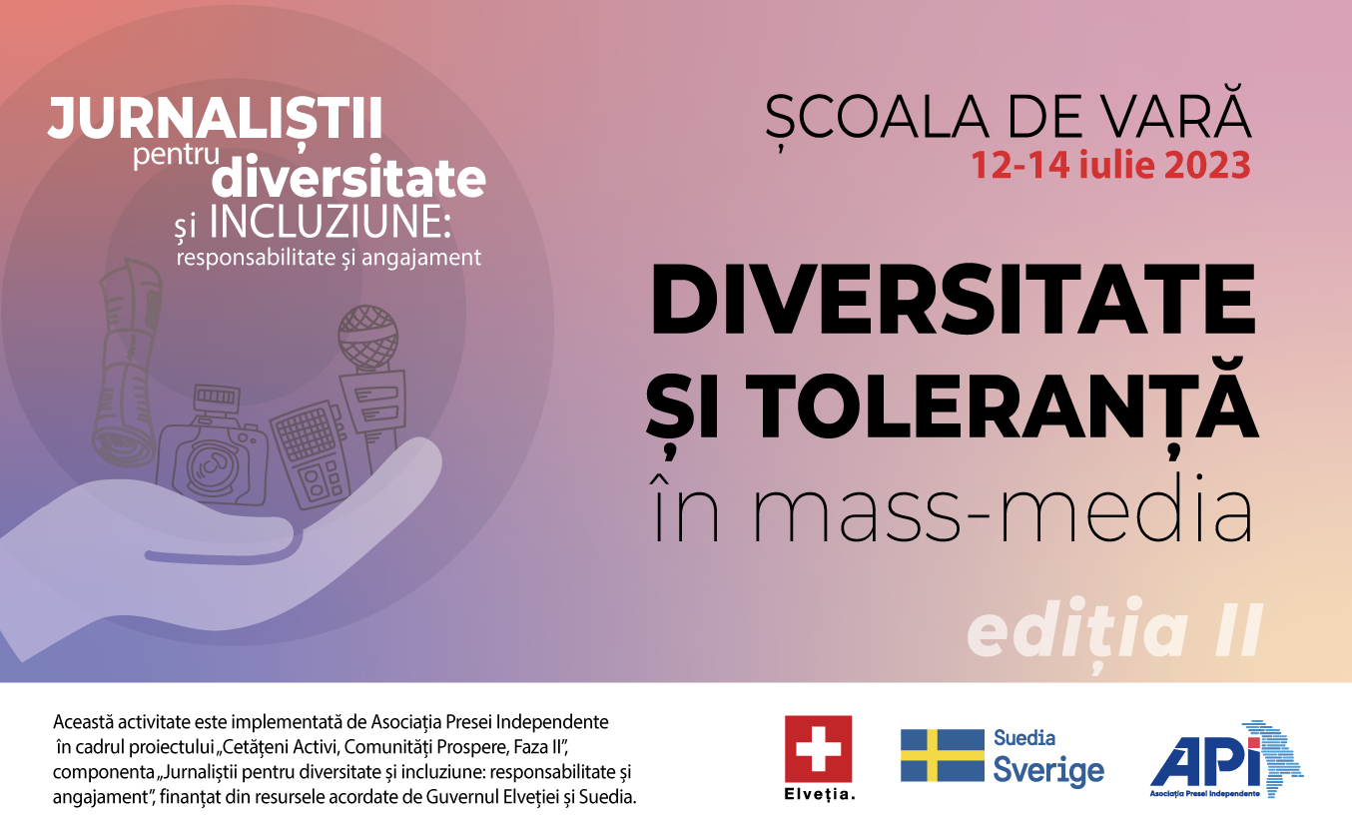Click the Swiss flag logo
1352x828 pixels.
(x=818, y=749)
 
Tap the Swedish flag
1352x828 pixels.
(x=943, y=755)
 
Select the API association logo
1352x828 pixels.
(x=1226, y=759)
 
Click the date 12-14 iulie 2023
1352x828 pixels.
(x=1110, y=165)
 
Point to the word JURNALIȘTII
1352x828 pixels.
(x=215, y=118)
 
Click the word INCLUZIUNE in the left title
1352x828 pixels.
(x=331, y=223)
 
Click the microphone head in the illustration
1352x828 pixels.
(x=367, y=337)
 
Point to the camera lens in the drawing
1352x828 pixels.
(x=211, y=466)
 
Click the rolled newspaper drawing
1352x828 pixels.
(x=128, y=363)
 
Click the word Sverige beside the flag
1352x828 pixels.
(x=1048, y=772)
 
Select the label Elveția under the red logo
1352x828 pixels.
(x=819, y=794)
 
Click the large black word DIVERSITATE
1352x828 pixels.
(x=953, y=300)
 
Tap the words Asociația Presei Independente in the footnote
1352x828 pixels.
(x=489, y=722)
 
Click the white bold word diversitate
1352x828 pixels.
(x=348, y=177)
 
